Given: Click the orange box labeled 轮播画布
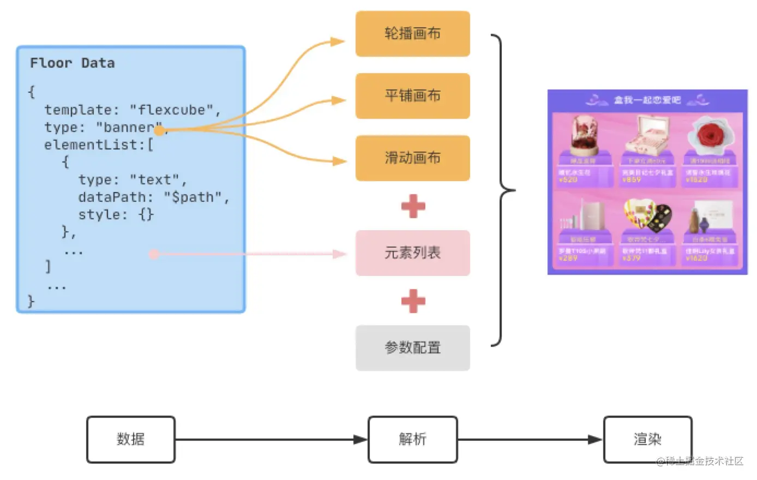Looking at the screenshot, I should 412,34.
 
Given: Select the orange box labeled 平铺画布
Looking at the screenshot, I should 412,96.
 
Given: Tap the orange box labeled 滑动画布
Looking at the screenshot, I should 412,158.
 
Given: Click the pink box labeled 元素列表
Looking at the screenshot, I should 412,253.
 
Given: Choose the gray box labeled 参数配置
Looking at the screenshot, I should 412,348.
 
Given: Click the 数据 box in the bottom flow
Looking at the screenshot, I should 131,440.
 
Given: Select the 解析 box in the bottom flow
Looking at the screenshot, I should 412,440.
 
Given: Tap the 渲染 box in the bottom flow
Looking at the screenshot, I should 647,440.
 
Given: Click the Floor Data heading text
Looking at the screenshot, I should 72,63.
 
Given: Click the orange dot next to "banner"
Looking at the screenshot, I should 159,130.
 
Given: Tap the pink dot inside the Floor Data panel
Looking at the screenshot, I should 154,254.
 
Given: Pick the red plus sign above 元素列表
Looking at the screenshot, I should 413,206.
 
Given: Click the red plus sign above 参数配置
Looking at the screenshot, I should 413,301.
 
